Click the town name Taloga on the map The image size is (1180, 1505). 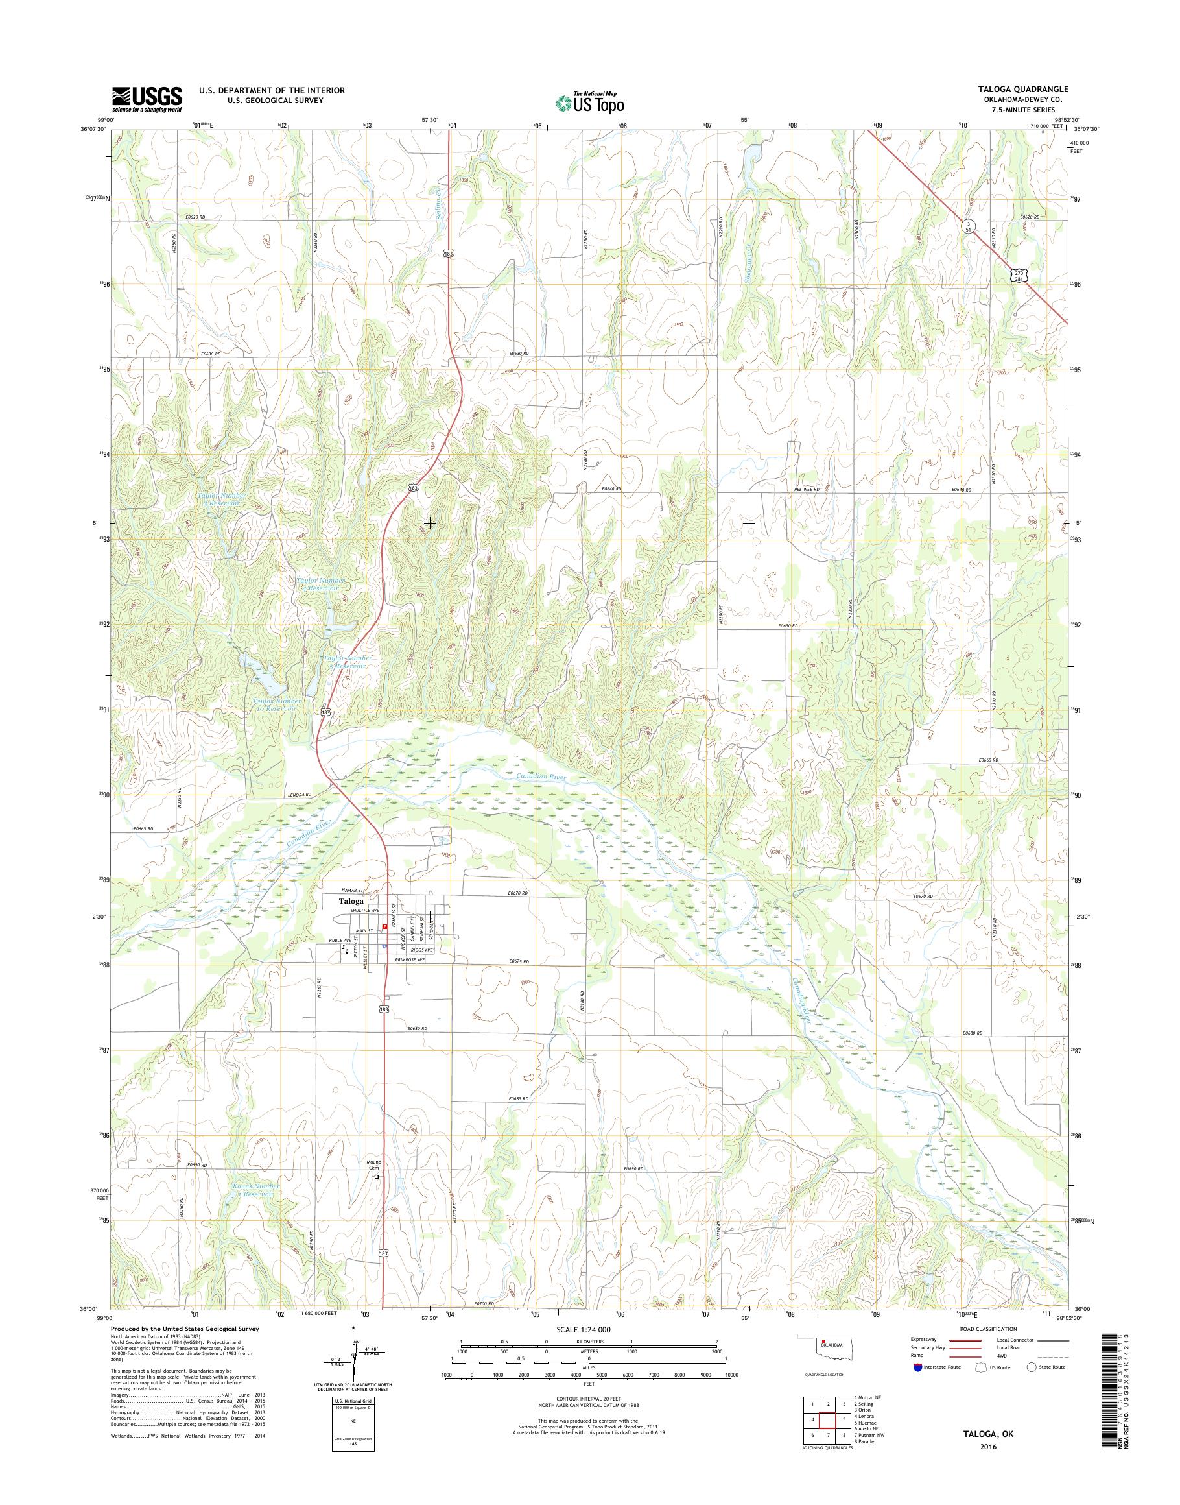pyautogui.click(x=350, y=902)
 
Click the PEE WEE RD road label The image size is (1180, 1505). pyautogui.click(x=807, y=490)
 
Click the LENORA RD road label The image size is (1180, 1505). pyautogui.click(x=299, y=795)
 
